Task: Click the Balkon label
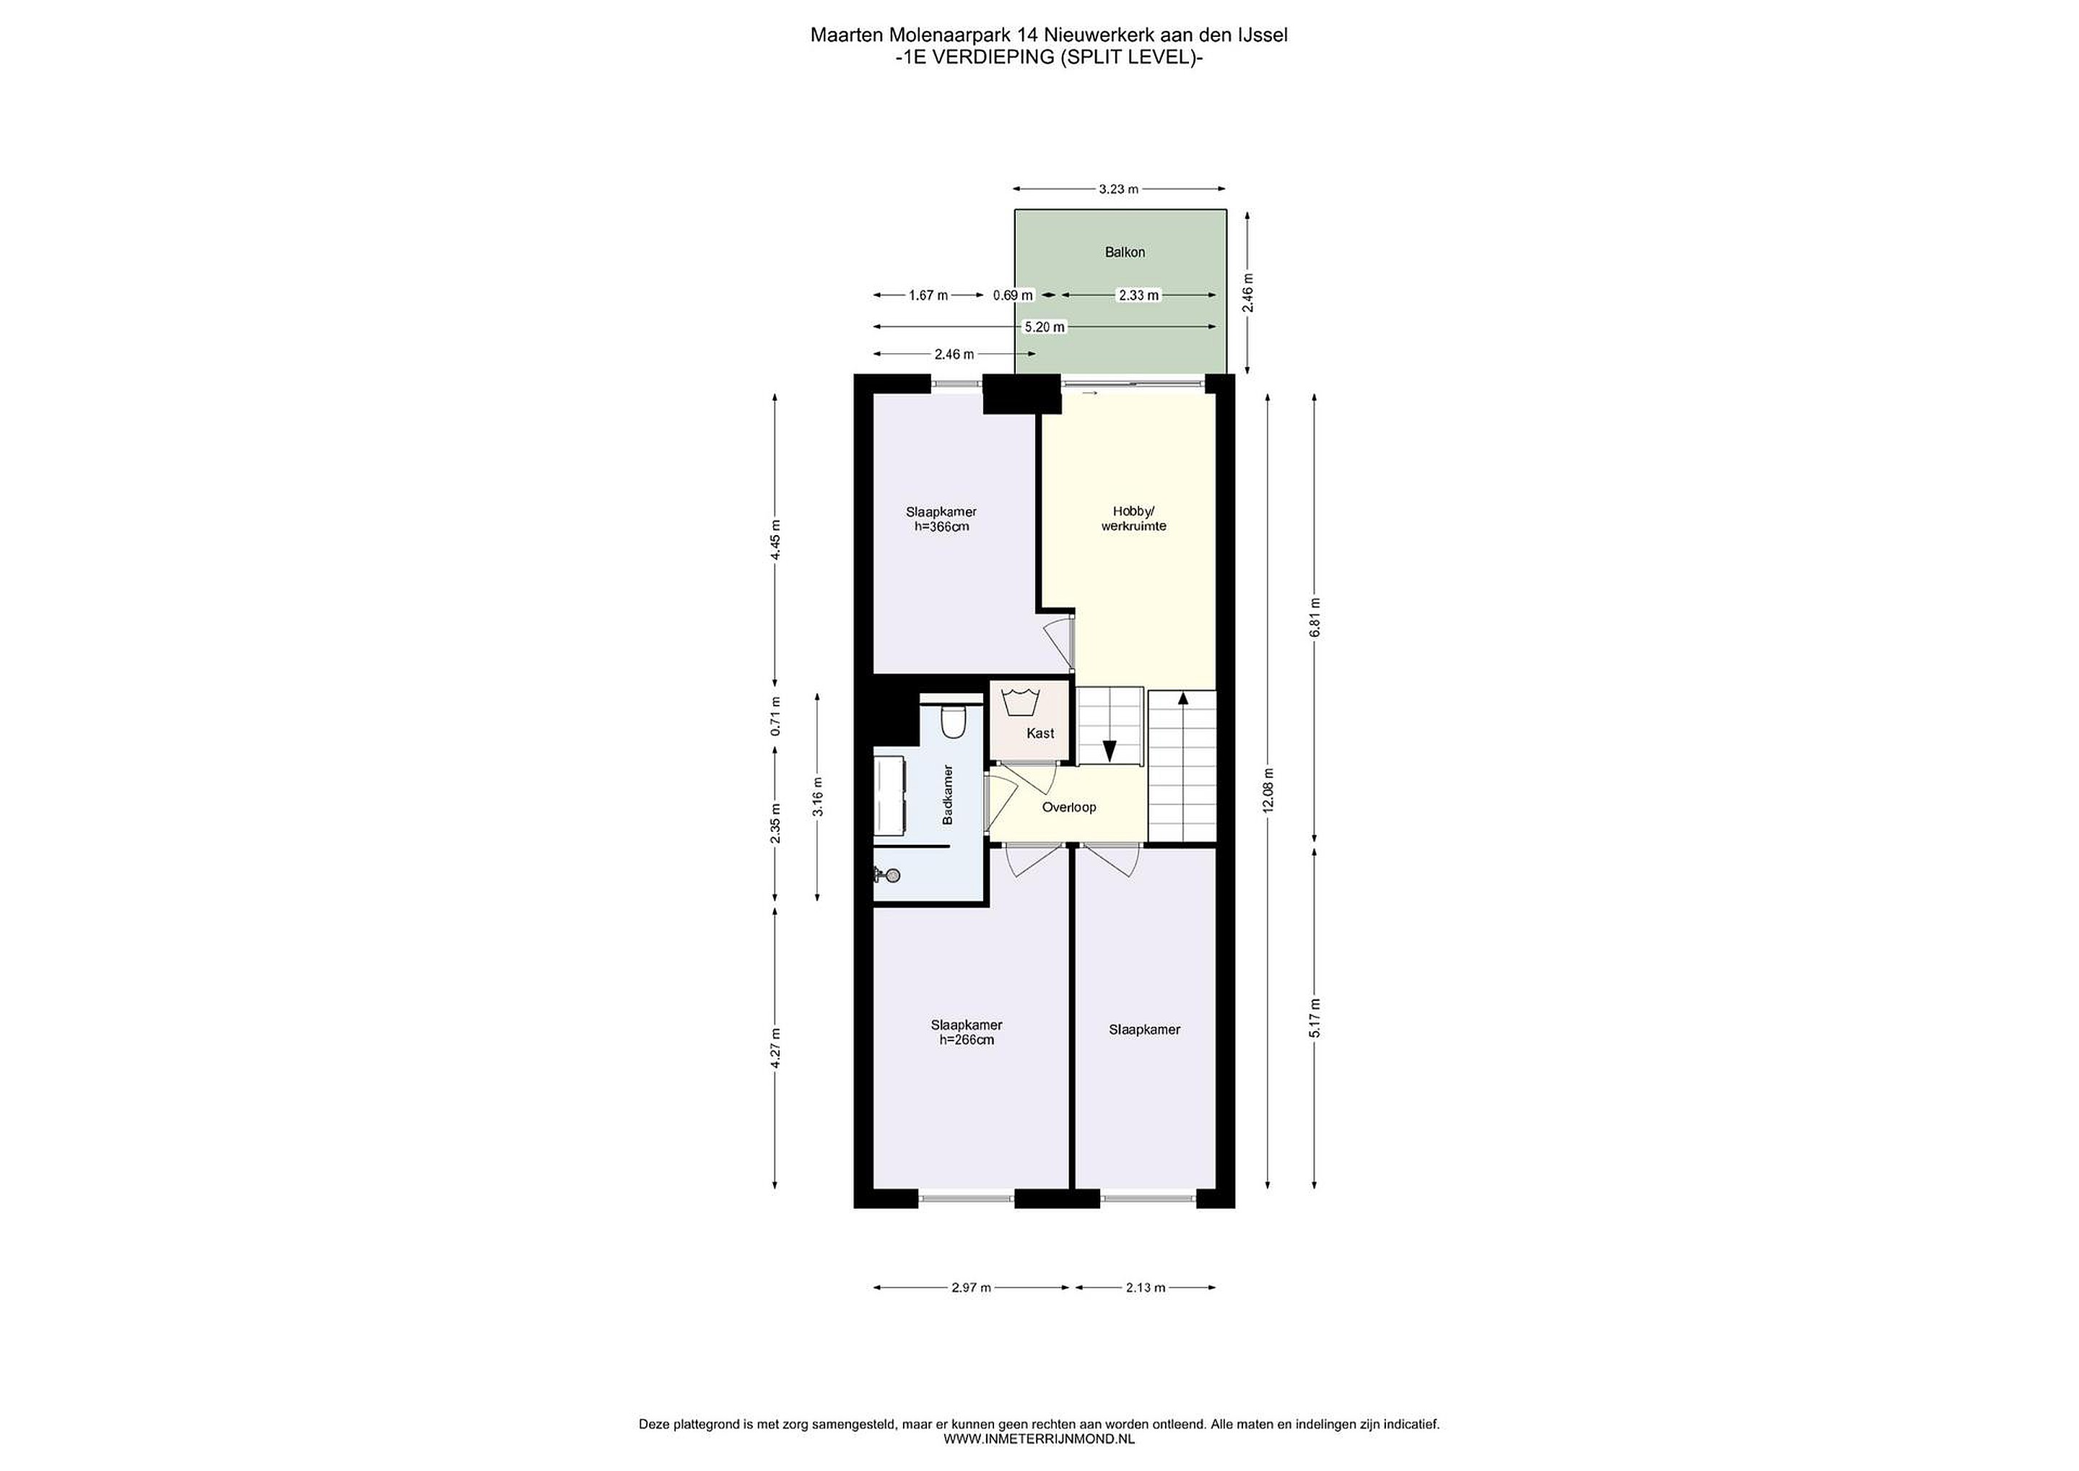[x=1125, y=252]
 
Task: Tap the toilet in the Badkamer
[x=954, y=722]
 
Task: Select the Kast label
[x=1040, y=733]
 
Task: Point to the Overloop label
[x=1068, y=807]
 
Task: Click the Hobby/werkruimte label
[x=1133, y=518]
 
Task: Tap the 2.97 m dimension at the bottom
[x=971, y=1287]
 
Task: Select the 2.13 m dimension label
[x=1146, y=1287]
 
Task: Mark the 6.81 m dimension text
[x=1315, y=617]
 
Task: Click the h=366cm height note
[x=942, y=526]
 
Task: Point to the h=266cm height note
[x=966, y=1040]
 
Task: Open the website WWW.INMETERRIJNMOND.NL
[x=1039, y=1438]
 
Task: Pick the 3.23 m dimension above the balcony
[x=1118, y=188]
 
